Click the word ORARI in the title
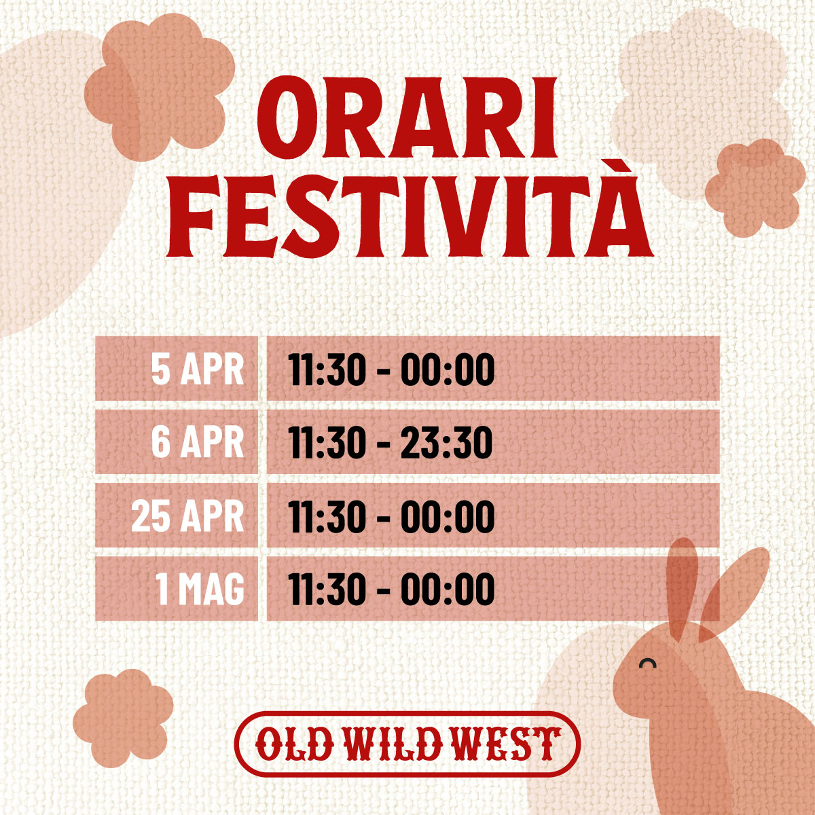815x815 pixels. tap(407, 119)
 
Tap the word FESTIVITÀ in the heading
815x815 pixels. tap(409, 215)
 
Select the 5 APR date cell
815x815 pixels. tap(197, 370)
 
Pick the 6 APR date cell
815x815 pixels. tap(197, 442)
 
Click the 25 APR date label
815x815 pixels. tap(187, 516)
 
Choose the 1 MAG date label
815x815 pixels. tap(200, 589)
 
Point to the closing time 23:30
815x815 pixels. tap(446, 443)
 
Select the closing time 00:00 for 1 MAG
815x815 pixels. tap(447, 589)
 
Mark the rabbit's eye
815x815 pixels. tap(648, 663)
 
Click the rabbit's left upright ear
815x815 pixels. tap(682, 587)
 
